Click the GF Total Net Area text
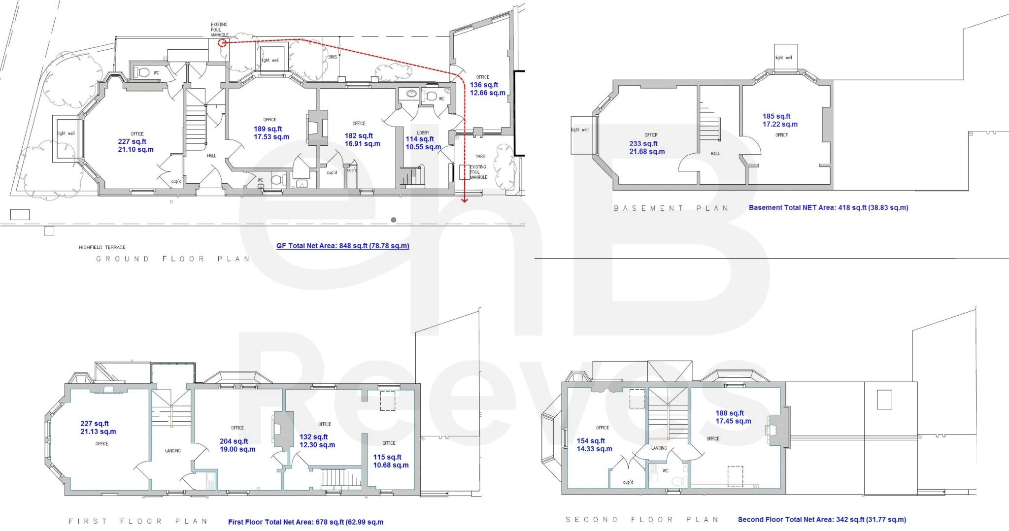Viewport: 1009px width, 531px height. coord(342,246)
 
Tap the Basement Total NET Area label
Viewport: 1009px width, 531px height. coord(828,207)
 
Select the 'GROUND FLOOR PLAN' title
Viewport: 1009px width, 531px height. coord(172,259)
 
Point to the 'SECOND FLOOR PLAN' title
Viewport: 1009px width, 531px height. coord(642,520)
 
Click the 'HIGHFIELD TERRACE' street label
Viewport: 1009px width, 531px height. coord(102,247)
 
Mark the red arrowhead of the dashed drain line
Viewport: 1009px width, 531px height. coord(464,200)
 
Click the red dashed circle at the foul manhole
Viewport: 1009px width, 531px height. coord(222,43)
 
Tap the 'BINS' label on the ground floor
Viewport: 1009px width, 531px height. coord(333,57)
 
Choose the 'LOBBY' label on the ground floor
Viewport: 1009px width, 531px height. coord(423,133)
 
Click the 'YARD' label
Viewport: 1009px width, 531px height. coord(480,157)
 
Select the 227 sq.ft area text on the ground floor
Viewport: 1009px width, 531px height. coord(132,142)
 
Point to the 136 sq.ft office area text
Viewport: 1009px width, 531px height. coord(484,85)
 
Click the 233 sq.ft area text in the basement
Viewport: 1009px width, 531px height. coord(643,144)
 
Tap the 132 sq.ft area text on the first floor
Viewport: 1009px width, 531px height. coord(313,437)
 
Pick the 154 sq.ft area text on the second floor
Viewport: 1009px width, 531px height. coord(591,441)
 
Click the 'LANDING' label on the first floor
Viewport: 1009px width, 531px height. coord(172,451)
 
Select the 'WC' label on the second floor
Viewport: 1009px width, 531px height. coord(665,471)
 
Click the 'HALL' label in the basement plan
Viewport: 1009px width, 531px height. coord(715,154)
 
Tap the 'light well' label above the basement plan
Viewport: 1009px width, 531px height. coord(783,58)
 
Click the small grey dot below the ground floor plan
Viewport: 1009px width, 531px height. coord(394,220)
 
